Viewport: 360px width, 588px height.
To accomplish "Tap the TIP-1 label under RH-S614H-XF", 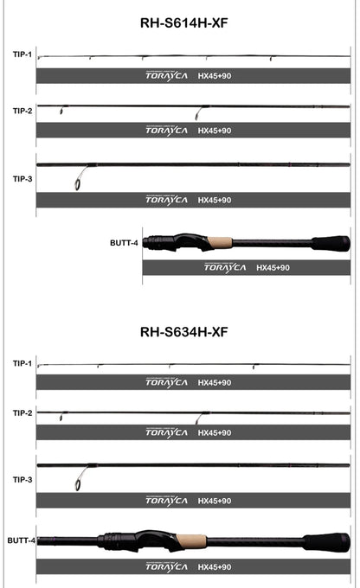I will [x=22, y=54].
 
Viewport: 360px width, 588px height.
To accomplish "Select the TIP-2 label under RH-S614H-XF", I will [x=22, y=111].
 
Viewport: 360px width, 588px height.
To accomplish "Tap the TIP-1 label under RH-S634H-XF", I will [x=22, y=363].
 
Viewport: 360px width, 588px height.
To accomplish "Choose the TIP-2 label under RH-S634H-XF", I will [x=22, y=412].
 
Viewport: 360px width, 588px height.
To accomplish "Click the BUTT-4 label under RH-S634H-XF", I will [x=21, y=540].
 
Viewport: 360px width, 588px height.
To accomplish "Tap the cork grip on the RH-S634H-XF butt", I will [x=191, y=541].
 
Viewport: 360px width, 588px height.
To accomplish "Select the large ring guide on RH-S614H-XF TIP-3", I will [x=80, y=182].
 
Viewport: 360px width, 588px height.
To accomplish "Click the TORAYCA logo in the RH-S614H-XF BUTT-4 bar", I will [x=225, y=268].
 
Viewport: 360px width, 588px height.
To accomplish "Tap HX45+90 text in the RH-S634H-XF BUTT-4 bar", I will [x=214, y=567].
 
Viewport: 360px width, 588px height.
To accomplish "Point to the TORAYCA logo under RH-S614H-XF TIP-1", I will [x=166, y=75].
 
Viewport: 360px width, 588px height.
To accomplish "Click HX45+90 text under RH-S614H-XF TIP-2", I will [x=214, y=131].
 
